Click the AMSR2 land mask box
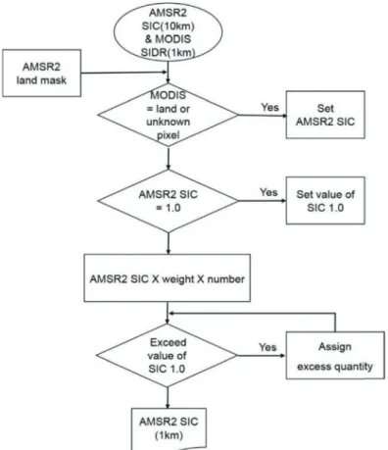42,74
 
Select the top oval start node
168,32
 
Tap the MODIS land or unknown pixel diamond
168,115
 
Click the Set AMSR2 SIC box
325,115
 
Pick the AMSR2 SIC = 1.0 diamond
168,201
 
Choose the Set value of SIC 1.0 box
325,201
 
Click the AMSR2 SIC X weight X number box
168,278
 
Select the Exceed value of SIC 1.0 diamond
167,356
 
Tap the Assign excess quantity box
335,356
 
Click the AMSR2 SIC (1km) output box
169,428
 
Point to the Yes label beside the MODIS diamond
269,107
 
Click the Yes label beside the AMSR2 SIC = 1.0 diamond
268,192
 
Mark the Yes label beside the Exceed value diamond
267,347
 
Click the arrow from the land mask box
124,73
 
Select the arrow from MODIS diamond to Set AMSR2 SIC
263,115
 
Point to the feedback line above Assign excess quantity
252,314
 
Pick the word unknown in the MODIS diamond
168,122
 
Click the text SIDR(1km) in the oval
168,52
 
